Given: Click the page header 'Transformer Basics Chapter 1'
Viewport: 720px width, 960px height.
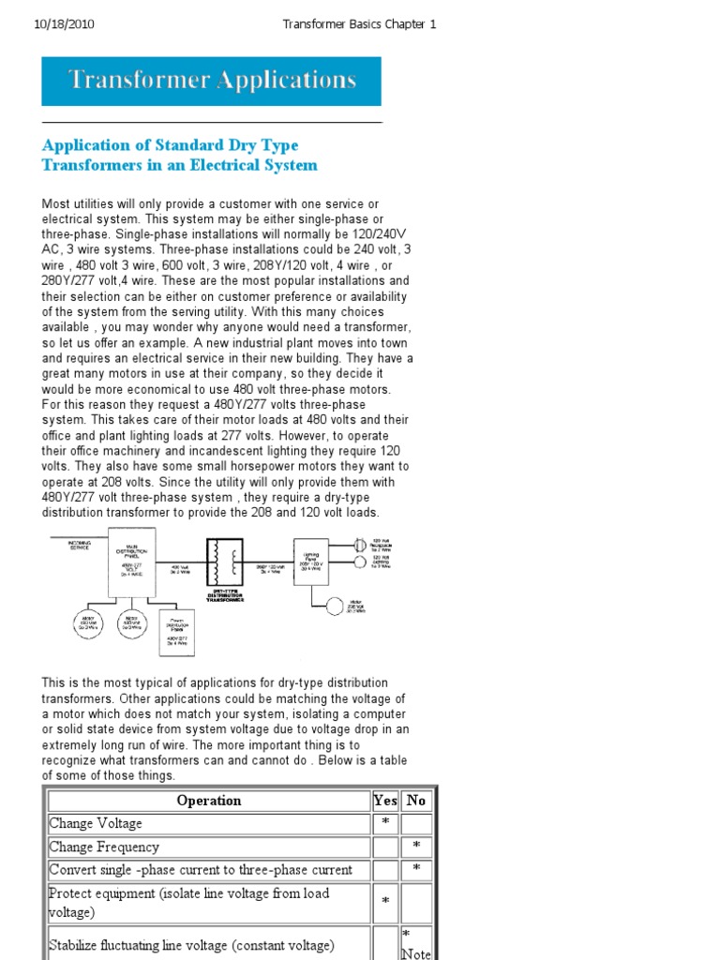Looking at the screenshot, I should coord(359,24).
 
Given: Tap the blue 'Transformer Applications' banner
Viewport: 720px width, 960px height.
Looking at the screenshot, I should coord(212,81).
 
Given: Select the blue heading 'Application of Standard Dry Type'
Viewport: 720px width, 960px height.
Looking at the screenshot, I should coord(171,144).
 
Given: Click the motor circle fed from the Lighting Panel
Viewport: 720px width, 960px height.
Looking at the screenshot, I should coord(334,606).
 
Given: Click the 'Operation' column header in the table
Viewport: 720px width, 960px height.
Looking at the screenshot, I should coord(208,801).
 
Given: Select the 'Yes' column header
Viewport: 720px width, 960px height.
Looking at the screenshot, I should coord(384,801).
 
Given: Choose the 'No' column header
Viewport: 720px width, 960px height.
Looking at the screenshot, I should coord(416,801).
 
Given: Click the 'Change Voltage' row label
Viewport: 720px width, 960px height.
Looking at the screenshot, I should coord(96,824).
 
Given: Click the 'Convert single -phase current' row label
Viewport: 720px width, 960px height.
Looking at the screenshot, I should coord(201,870).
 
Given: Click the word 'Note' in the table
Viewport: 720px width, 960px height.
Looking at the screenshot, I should coord(416,953).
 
